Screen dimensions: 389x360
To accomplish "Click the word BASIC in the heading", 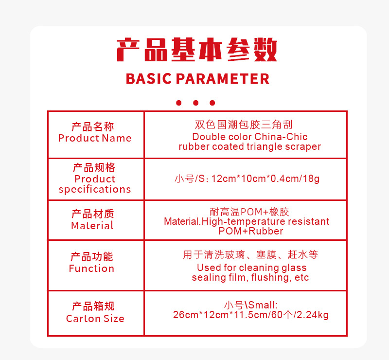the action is tap(149, 79).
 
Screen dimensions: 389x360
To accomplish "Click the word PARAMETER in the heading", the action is tap(223, 79).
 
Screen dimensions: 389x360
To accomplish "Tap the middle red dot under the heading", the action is tap(196, 103).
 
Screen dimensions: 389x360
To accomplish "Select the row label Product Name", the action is tap(95, 138).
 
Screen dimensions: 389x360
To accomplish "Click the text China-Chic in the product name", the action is tap(281, 137).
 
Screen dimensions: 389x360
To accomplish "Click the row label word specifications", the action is tap(95, 189).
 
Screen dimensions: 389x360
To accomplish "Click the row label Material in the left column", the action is tap(92, 226).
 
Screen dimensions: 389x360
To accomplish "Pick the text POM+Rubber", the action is tap(251, 231).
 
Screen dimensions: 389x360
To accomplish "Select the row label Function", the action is tap(91, 269).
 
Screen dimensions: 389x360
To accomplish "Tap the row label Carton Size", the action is tap(95, 319).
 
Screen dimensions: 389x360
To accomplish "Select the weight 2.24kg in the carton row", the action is tap(313, 315).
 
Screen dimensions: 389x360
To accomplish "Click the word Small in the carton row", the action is tap(262, 305).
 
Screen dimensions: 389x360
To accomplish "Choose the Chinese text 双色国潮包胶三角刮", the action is tap(244, 125).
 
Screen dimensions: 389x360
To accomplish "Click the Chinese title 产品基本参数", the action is tap(197, 50).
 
